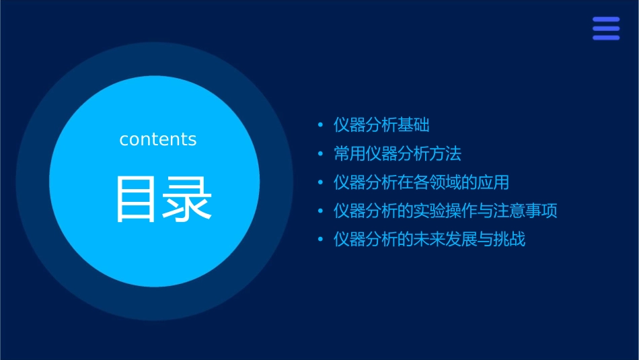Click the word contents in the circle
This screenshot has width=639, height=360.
(158, 139)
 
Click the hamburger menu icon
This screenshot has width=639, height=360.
(606, 29)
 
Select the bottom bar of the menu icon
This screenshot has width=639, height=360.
(606, 38)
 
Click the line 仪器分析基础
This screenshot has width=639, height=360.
(381, 125)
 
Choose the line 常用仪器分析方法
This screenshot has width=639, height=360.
(398, 154)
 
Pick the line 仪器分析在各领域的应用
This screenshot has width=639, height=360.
(421, 182)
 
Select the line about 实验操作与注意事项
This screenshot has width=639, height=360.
(445, 211)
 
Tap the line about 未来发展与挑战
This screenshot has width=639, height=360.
(429, 240)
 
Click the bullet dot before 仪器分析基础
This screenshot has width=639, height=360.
(321, 126)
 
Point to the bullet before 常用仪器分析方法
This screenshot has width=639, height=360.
(321, 155)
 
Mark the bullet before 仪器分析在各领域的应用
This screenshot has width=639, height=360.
(321, 183)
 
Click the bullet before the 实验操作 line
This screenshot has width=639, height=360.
(321, 211)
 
